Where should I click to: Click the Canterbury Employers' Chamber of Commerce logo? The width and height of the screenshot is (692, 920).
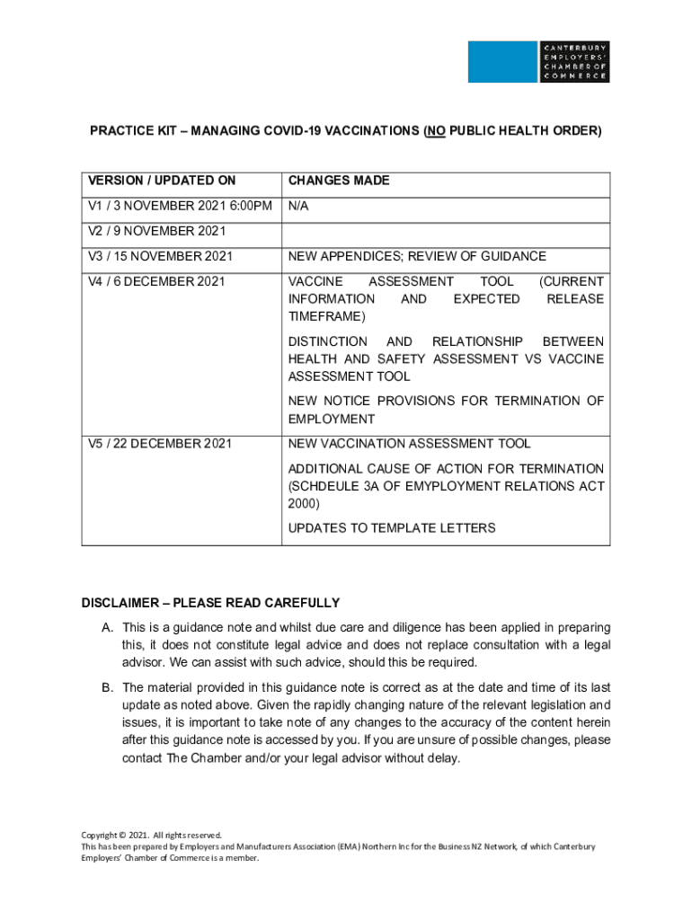(x=538, y=62)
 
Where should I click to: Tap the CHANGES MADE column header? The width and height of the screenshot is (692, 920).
(x=338, y=181)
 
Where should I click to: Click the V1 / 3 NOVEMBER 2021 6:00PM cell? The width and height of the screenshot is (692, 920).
(x=180, y=206)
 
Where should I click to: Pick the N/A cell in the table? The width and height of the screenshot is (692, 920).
(x=298, y=206)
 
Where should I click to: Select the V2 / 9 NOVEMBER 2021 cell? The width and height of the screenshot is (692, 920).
(x=156, y=231)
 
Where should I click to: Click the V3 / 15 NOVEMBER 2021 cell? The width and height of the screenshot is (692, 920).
(x=160, y=256)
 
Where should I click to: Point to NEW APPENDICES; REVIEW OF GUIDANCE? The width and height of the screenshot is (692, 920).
(x=416, y=256)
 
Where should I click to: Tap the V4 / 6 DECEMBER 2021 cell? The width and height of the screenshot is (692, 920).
(x=156, y=281)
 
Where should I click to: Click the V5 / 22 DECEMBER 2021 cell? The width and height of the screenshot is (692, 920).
(x=160, y=443)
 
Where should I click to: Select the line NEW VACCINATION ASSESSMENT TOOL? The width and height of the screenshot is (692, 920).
(x=409, y=443)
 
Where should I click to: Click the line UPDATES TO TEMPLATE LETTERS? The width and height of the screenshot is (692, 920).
(x=391, y=527)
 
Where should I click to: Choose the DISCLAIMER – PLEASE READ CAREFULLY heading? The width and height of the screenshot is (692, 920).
(x=210, y=603)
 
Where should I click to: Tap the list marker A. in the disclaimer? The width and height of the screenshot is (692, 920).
(x=107, y=627)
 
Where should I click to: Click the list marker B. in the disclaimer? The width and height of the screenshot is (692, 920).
(x=107, y=688)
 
